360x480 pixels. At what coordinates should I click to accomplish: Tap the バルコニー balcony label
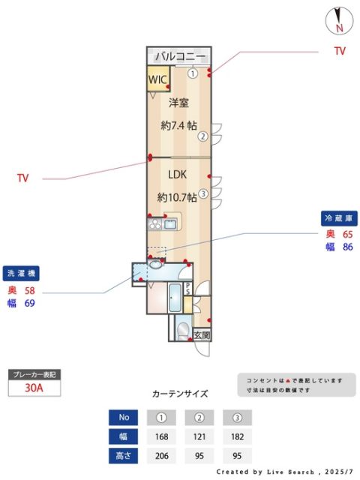pyautogui.click(x=178, y=56)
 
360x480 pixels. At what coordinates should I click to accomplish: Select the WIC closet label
pyautogui.click(x=157, y=79)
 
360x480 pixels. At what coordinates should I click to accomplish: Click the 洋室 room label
pyautogui.click(x=178, y=102)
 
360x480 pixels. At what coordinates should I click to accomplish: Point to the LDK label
pyautogui.click(x=177, y=174)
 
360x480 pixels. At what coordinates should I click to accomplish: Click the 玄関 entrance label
pyautogui.click(x=202, y=335)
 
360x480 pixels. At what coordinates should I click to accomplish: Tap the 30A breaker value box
pyautogui.click(x=33, y=388)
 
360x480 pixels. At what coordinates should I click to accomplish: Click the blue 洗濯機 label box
pyautogui.click(x=22, y=273)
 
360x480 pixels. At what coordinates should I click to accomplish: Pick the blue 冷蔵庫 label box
pyautogui.click(x=337, y=217)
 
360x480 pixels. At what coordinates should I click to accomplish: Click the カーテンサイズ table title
pyautogui.click(x=180, y=394)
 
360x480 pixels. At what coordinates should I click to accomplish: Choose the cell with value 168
pyautogui.click(x=160, y=436)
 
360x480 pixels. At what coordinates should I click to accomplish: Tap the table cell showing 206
pyautogui.click(x=160, y=454)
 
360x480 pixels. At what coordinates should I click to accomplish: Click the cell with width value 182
pyautogui.click(x=237, y=436)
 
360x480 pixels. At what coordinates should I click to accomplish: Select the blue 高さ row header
pyautogui.click(x=124, y=454)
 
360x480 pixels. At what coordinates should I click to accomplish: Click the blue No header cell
pyautogui.click(x=124, y=418)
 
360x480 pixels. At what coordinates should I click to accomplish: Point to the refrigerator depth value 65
pyautogui.click(x=347, y=234)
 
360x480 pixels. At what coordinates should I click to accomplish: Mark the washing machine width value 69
pyautogui.click(x=30, y=303)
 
